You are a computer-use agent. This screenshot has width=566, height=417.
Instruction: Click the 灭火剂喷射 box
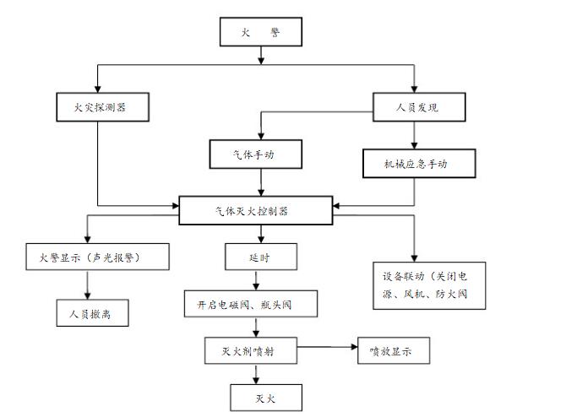(x=251, y=349)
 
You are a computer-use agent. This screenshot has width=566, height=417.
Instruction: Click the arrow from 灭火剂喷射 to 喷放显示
(x=325, y=346)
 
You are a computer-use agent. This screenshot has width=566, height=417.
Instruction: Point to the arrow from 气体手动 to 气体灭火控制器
(x=261, y=182)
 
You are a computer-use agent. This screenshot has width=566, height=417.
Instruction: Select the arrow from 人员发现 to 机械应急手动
(x=414, y=135)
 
